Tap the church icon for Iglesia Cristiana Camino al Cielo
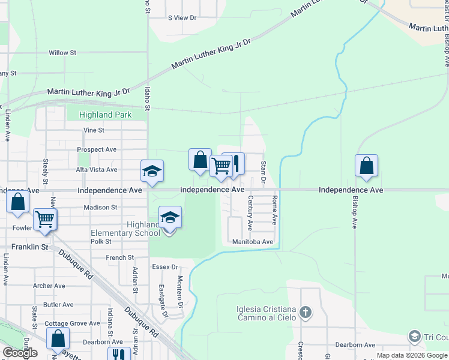[306, 312]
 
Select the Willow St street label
[62, 53]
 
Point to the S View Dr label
[182, 18]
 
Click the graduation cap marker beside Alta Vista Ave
[152, 171]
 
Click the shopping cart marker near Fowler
[45, 219]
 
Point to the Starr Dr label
[263, 172]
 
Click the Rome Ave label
[275, 209]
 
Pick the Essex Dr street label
[166, 267]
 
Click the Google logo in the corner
[20, 352]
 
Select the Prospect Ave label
[97, 149]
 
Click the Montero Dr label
[179, 289]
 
